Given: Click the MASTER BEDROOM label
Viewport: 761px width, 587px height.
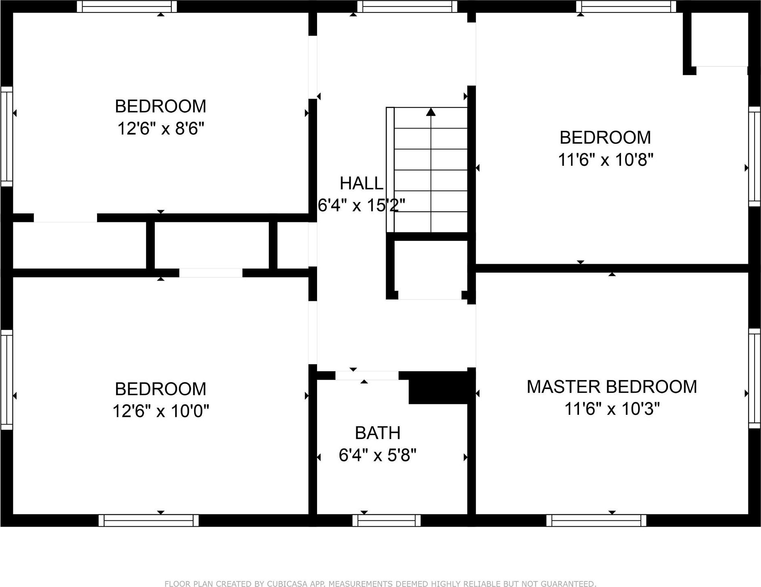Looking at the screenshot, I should pos(611,387).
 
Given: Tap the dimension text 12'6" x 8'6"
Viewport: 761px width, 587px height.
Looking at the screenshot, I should pos(161,129).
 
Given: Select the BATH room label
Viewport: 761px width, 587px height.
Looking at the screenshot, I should pos(378,433).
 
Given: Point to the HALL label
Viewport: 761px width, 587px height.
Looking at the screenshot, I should pos(361,184).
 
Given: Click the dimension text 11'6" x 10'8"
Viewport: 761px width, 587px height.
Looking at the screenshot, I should pos(605,160).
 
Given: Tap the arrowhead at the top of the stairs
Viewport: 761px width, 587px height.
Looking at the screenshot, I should pos(431,112).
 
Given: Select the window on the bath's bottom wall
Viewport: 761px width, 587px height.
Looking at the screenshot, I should pos(387,520).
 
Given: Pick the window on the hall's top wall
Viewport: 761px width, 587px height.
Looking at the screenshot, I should pos(407,6).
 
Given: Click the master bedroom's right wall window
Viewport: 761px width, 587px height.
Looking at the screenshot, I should pos(755,378).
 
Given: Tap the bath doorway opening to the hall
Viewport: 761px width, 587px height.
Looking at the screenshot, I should pos(367,376).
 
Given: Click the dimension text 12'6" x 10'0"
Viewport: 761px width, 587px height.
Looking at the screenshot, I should pos(161,412).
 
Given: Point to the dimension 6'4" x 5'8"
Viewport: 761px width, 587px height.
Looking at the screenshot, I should pos(378,456).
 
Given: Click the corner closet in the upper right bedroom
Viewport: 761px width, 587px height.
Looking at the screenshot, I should pos(719,39).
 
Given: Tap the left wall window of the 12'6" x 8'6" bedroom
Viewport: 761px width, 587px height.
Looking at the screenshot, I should pos(6,136).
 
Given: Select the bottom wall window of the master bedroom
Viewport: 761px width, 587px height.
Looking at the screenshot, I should pos(596,520).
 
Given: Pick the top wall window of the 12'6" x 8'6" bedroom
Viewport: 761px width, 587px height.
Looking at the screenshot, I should pos(127,6).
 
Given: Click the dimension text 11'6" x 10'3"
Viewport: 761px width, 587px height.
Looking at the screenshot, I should pos(611,409).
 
